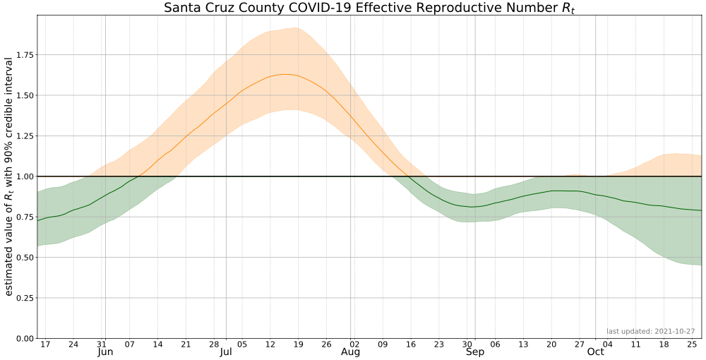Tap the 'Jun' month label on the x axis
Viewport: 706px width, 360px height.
(105, 352)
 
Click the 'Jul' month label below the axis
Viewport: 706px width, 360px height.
(226, 352)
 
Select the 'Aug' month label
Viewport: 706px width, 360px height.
(350, 352)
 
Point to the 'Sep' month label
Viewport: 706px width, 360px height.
(474, 352)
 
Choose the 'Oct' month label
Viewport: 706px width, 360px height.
(595, 352)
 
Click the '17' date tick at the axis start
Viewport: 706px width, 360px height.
(45, 344)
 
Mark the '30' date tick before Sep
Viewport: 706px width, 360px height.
(467, 344)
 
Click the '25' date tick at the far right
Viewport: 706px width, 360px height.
(692, 344)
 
